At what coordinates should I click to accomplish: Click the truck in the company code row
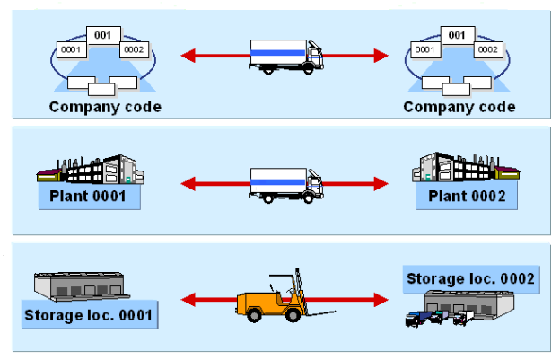(285, 56)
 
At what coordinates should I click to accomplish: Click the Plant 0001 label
(89, 197)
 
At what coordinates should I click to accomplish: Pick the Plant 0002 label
(467, 197)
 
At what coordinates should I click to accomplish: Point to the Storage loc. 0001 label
(91, 315)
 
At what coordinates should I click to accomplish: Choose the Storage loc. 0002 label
(470, 278)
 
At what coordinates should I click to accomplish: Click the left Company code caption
(105, 107)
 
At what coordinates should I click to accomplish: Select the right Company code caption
(459, 107)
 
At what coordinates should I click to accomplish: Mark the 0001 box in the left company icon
(71, 49)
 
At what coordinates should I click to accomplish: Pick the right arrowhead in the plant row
(381, 183)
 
